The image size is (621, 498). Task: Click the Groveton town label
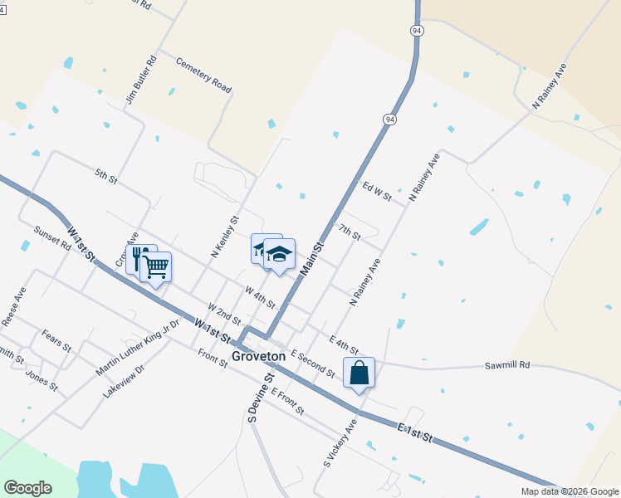point(258,355)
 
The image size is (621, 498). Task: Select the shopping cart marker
point(156,267)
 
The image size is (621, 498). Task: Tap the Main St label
point(310,257)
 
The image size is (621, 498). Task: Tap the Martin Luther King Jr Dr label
point(138,346)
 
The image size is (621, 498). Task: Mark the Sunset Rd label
point(52,238)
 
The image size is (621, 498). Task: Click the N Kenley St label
point(224,237)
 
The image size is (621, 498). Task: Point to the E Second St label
point(313,364)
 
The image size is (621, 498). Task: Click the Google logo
point(28,487)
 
